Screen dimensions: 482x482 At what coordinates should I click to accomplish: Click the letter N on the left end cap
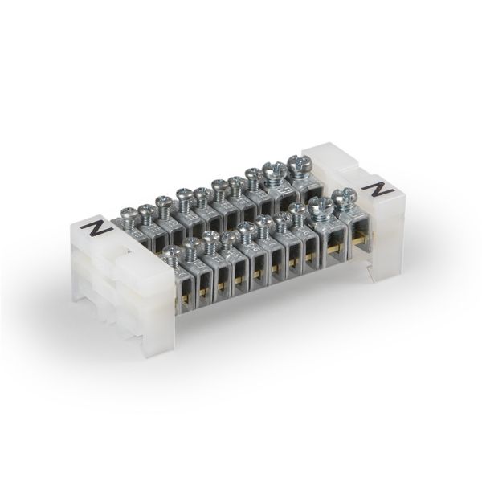[x=99, y=227]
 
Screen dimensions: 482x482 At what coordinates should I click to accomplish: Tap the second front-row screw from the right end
[x=321, y=205]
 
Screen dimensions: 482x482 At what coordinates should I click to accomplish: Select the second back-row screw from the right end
[x=272, y=169]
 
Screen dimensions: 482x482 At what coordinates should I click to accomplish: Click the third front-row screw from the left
[x=210, y=238]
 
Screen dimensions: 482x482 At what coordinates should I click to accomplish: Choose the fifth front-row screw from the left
[x=246, y=230]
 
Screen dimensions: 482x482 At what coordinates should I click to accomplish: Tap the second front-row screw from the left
[x=191, y=243]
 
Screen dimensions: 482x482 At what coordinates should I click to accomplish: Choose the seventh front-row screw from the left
[x=282, y=219]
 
